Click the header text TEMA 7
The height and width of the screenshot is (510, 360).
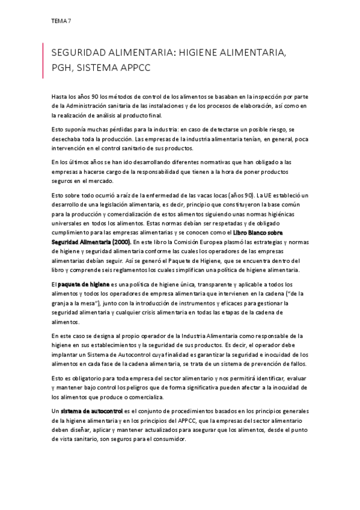61,22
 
